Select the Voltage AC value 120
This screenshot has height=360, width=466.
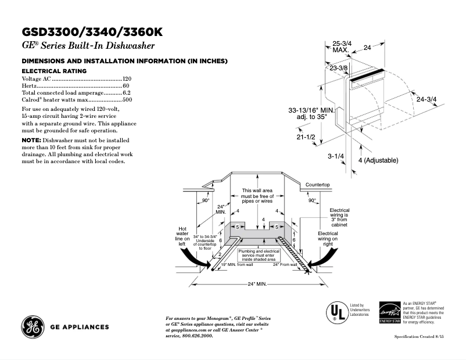pos(127,78)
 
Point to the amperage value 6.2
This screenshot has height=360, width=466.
pos(127,93)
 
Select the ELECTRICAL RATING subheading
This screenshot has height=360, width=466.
pos(54,71)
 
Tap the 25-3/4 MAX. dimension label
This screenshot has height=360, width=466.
pos(340,46)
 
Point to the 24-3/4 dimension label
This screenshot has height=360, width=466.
pos(426,99)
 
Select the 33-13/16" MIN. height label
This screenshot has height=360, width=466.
pos(311,110)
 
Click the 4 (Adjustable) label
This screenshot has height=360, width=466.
pos(378,160)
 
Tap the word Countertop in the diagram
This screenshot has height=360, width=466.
pos(318,184)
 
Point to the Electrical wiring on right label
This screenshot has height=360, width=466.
pos(328,239)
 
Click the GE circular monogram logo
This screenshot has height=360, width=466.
pos(33,326)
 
